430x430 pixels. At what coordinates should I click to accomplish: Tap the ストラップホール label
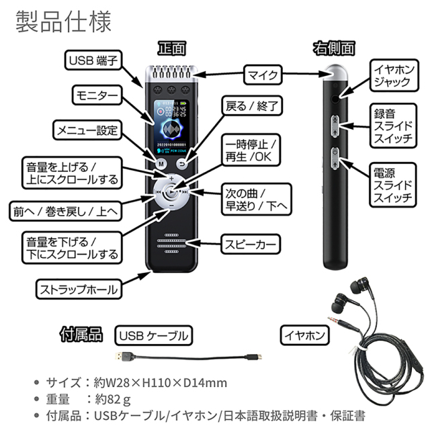point(78,290)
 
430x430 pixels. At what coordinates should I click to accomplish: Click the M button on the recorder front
point(161,163)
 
